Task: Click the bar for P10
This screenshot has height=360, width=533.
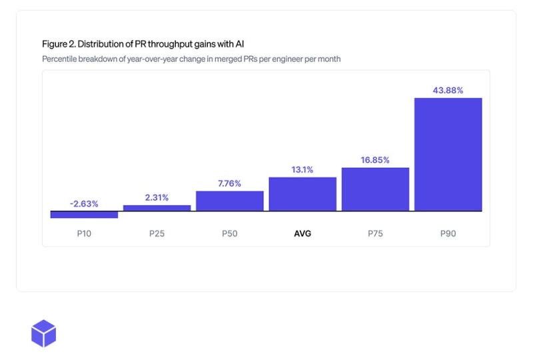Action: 84,215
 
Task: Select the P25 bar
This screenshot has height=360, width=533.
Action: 157,208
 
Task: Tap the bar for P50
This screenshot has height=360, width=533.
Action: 229,201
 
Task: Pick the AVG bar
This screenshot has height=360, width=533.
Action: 302,194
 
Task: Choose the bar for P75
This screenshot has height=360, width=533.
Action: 375,189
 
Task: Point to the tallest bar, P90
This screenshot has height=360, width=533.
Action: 448,155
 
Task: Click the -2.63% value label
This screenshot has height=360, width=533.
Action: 84,204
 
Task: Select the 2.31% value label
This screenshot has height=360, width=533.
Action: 157,197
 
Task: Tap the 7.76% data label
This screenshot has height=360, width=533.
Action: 229,183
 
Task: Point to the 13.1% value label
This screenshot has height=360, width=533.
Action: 302,169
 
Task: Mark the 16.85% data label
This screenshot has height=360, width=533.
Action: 375,160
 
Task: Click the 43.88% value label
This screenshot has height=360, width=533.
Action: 448,90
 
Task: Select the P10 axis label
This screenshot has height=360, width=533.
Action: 84,234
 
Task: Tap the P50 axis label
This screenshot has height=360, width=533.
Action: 229,234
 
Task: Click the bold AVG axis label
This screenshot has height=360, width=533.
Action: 302,234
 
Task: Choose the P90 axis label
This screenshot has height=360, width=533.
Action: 448,234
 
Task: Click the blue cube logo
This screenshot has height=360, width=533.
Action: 44,333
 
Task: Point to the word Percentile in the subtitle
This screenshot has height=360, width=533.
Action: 59,59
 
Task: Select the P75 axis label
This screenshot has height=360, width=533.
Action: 375,234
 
